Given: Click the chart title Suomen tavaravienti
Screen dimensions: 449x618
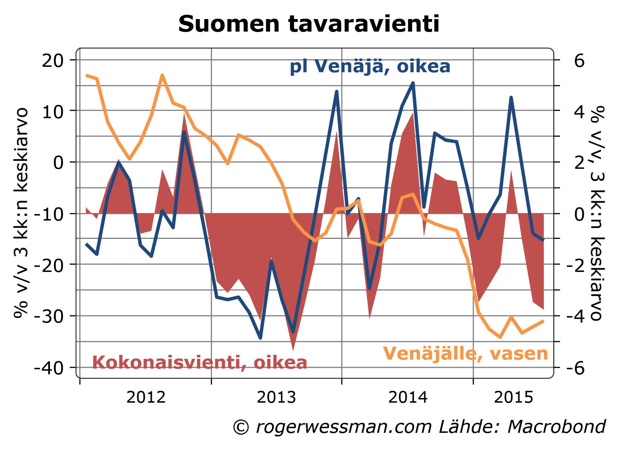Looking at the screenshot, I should [x=309, y=24].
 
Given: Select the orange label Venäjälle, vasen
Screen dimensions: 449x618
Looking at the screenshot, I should [x=465, y=353].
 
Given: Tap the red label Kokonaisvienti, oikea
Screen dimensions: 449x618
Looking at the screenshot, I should [x=200, y=362].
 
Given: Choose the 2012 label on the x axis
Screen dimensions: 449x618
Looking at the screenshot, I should [x=146, y=398].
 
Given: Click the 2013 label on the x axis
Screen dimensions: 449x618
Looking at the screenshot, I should [x=276, y=398].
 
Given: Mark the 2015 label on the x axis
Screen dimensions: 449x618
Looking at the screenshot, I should [x=513, y=398].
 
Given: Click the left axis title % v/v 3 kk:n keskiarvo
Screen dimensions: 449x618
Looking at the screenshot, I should [x=21, y=213].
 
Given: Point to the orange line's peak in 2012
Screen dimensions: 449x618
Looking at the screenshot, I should [x=162, y=75].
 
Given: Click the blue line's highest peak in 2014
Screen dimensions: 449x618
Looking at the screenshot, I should [x=413, y=83].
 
